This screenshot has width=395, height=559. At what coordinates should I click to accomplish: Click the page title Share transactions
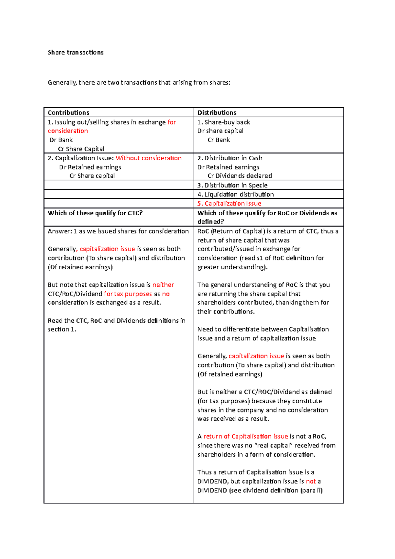75,52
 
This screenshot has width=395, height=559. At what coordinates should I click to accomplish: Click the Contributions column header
68,113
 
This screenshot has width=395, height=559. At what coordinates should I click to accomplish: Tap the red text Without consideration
148,158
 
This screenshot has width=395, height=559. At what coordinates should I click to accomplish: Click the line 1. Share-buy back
224,122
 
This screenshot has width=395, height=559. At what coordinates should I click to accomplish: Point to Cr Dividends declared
240,176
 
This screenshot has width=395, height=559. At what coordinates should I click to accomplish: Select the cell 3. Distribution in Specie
232,185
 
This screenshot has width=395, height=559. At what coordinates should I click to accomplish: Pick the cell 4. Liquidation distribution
236,195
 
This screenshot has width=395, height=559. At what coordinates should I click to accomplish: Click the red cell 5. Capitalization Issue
229,203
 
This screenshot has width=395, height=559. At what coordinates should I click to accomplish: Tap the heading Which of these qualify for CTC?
95,213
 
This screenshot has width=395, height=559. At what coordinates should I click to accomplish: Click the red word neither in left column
163,285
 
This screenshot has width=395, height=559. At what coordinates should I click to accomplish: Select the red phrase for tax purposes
128,294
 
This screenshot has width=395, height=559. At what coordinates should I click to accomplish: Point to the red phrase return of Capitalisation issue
246,437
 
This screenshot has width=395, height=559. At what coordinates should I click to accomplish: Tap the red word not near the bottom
311,481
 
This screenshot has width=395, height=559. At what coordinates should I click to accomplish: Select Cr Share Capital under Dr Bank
81,149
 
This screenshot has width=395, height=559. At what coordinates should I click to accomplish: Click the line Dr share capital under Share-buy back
220,131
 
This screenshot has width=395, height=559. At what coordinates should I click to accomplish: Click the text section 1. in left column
62,329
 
